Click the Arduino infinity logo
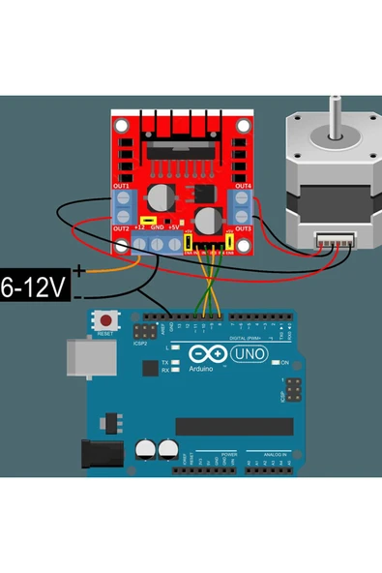[x=206, y=354]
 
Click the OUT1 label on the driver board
[x=122, y=185]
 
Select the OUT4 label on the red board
[x=242, y=185]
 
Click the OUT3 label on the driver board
[x=242, y=228]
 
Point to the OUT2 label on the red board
[x=122, y=228]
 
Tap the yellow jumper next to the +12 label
[x=145, y=220]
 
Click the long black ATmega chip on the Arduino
[x=234, y=426]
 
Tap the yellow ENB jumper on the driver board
[x=230, y=242]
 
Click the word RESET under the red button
[x=105, y=332]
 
